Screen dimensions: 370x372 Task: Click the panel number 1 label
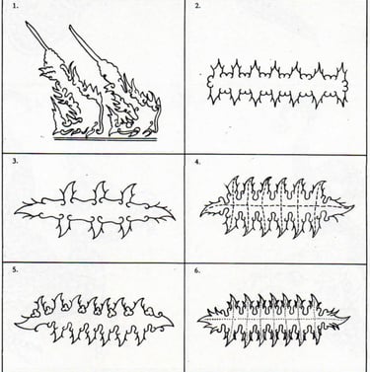pyautogui.click(x=15, y=6)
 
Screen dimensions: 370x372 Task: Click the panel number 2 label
pyautogui.click(x=197, y=6)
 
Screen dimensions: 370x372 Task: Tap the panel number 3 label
pyautogui.click(x=15, y=161)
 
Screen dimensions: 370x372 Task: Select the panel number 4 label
pyautogui.click(x=197, y=162)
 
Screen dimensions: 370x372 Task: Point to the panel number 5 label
pyautogui.click(x=15, y=269)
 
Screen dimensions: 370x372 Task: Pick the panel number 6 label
pyautogui.click(x=197, y=270)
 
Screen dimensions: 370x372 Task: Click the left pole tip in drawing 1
pyautogui.click(x=27, y=23)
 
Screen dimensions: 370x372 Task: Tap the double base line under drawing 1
pyautogui.click(x=106, y=139)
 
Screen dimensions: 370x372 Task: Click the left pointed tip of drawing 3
pyautogui.click(x=15, y=212)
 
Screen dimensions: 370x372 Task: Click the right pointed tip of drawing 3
pyautogui.click(x=175, y=218)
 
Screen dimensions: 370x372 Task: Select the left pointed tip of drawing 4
pyautogui.click(x=200, y=215)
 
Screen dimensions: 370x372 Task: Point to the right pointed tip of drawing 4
pyautogui.click(x=354, y=206)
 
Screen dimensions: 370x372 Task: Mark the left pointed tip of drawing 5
pyautogui.click(x=15, y=324)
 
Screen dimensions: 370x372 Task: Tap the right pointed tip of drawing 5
pyautogui.click(x=174, y=323)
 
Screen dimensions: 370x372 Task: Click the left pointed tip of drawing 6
pyautogui.click(x=198, y=320)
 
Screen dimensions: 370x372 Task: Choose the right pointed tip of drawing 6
pyautogui.click(x=350, y=317)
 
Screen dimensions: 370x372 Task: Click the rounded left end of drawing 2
pyautogui.click(x=208, y=84)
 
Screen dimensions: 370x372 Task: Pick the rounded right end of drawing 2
pyautogui.click(x=346, y=85)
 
